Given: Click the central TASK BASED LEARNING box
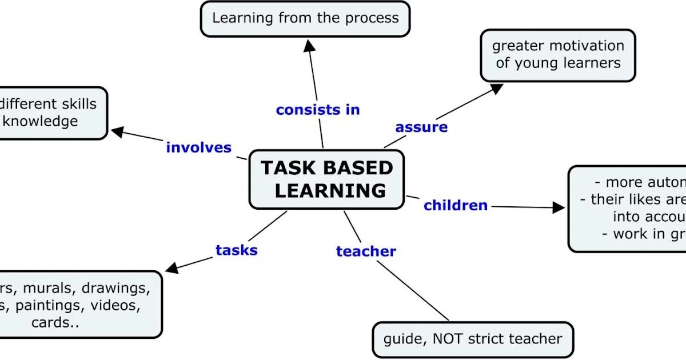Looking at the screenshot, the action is (326, 179).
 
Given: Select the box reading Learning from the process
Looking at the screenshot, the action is (305, 19).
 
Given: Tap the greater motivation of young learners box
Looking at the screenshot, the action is (557, 55).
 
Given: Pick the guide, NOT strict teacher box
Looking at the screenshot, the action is (472, 339).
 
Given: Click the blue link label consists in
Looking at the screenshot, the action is (318, 110).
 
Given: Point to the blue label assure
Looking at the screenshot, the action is (421, 127).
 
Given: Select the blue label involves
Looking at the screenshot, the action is (199, 147).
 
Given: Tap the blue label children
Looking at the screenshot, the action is (456, 205).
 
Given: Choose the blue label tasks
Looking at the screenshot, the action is (237, 250).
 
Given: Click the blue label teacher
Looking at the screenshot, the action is (366, 251).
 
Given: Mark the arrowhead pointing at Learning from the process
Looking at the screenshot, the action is (309, 45).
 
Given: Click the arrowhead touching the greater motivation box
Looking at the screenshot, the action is (497, 88).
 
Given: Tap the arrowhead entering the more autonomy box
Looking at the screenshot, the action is (559, 207).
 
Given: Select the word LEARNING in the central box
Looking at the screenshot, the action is (330, 190).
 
